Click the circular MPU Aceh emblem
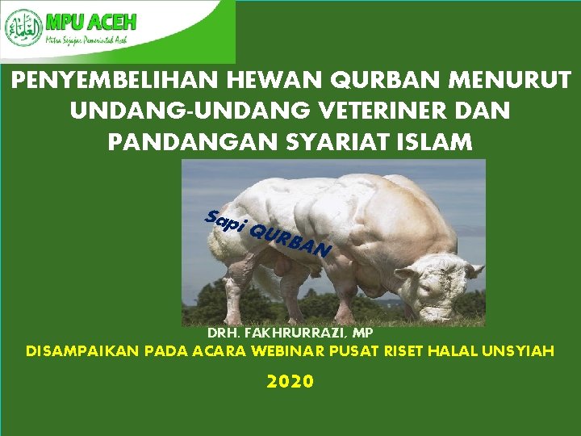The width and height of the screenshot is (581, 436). tap(24, 28)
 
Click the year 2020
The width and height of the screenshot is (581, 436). tap(290, 382)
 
